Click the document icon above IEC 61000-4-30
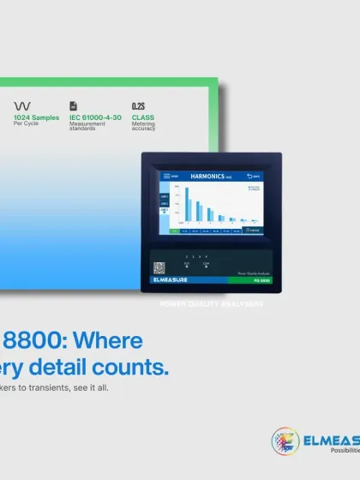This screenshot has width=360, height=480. [x=74, y=105]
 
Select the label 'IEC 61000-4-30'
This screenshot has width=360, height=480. [x=95, y=117]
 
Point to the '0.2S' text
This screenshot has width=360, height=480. [x=139, y=105]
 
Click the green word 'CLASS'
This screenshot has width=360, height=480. [x=143, y=117]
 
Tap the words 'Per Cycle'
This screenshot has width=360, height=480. [x=27, y=123]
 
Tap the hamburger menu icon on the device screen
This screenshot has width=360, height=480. [x=163, y=176]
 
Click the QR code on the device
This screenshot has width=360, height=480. [x=159, y=267]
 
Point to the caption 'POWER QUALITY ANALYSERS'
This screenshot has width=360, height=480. [x=212, y=303]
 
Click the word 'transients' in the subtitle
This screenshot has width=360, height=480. [x=53, y=387]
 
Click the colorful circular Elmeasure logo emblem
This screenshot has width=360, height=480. [x=286, y=442]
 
